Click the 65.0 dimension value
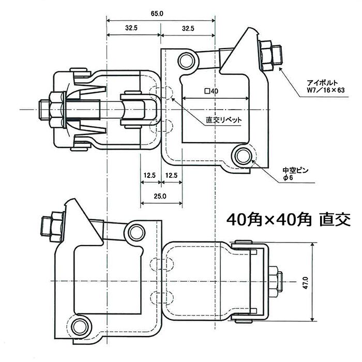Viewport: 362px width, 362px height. (157, 13)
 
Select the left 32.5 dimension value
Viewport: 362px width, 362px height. (131, 28)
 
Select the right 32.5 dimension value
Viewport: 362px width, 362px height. (188, 28)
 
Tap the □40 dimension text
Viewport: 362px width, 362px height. (212, 91)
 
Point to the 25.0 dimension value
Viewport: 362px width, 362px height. (160, 197)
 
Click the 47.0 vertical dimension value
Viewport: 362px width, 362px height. (306, 283)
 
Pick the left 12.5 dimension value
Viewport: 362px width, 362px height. (149, 175)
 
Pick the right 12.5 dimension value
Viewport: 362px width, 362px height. (171, 175)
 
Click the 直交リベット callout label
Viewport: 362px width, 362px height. (223, 120)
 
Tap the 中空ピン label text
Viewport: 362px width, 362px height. (295, 171)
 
